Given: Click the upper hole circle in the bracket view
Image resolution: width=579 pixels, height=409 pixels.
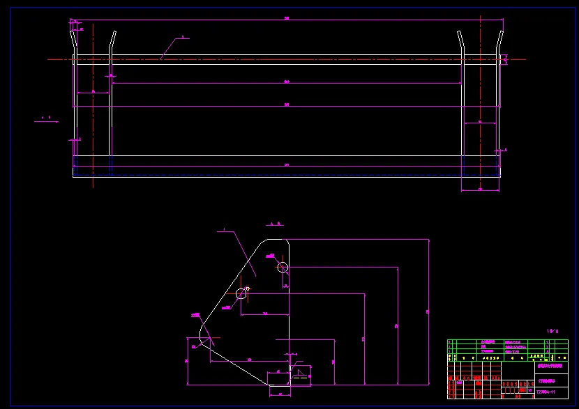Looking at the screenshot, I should [283, 267].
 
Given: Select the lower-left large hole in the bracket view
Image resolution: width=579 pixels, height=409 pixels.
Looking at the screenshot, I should [241, 293].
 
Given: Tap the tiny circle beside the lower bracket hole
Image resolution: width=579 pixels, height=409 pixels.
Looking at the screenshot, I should [248, 288].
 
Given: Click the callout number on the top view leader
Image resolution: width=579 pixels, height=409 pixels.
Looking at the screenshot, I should [183, 38].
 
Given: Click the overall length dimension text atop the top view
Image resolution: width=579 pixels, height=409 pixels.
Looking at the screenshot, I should [287, 19].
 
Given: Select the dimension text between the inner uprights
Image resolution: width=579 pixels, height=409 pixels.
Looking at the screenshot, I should [287, 82].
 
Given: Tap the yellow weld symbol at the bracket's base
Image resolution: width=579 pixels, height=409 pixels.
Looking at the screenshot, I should [301, 373].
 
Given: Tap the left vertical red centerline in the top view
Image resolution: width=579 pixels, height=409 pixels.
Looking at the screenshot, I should [93, 105].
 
